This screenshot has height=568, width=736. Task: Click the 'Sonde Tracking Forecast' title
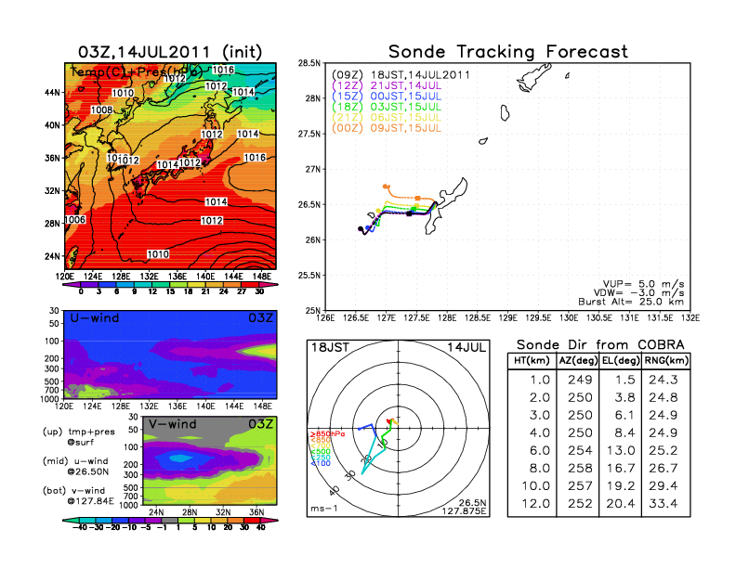507,51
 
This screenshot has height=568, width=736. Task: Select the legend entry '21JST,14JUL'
375,84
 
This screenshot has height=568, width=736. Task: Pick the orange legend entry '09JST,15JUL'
375,126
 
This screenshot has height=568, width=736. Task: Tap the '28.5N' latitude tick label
309,62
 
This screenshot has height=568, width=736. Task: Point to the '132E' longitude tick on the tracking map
689,316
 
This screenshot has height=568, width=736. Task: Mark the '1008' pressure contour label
103,110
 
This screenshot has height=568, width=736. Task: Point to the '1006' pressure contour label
75,220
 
